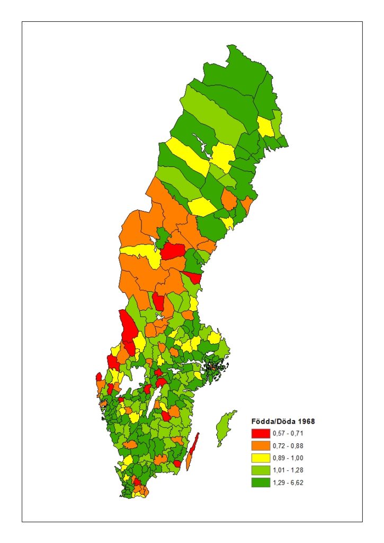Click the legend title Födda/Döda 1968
point(283,422)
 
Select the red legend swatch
point(261,433)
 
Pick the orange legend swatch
point(261,445)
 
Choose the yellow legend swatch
point(261,458)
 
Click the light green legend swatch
point(261,470)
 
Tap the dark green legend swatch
point(261,482)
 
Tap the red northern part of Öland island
point(195,443)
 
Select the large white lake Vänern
point(137,376)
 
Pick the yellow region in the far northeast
point(266,127)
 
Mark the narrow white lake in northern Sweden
point(201,142)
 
